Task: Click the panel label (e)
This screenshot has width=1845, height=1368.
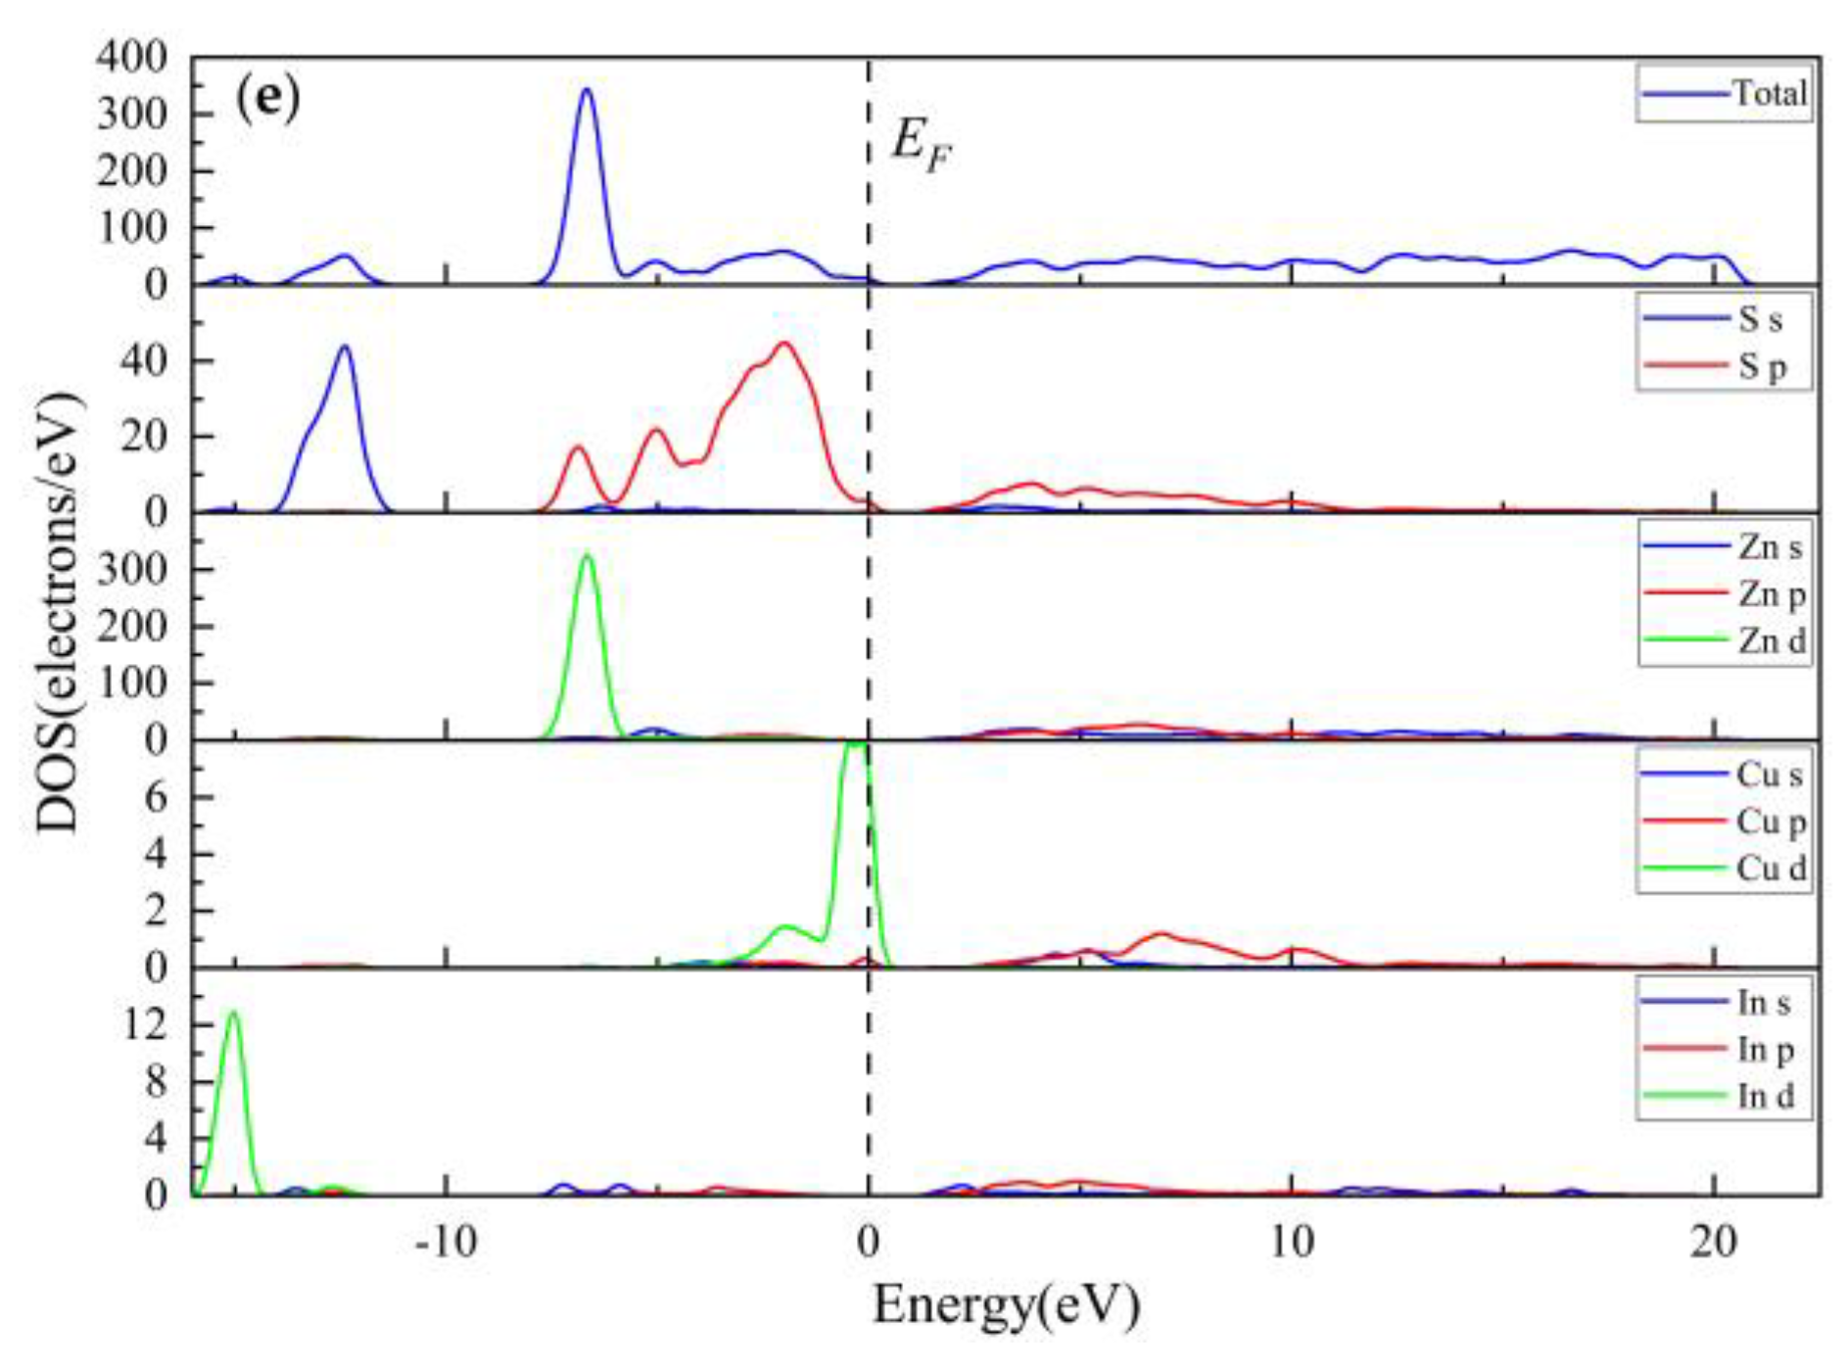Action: (x=267, y=99)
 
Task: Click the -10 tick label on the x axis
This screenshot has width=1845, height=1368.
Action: (x=446, y=1242)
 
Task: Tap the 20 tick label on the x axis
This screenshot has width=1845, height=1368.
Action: (x=1714, y=1242)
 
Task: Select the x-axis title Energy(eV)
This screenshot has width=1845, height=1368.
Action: (x=1006, y=1305)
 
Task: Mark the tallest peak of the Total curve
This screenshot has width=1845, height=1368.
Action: (x=587, y=90)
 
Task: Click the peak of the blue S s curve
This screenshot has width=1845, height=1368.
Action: (x=344, y=346)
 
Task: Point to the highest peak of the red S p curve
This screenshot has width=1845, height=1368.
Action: (x=783, y=343)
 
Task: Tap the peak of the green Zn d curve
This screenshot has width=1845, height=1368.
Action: (x=587, y=556)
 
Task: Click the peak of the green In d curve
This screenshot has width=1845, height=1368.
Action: (x=233, y=1012)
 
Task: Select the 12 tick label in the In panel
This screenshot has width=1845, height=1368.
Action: (x=145, y=1024)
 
